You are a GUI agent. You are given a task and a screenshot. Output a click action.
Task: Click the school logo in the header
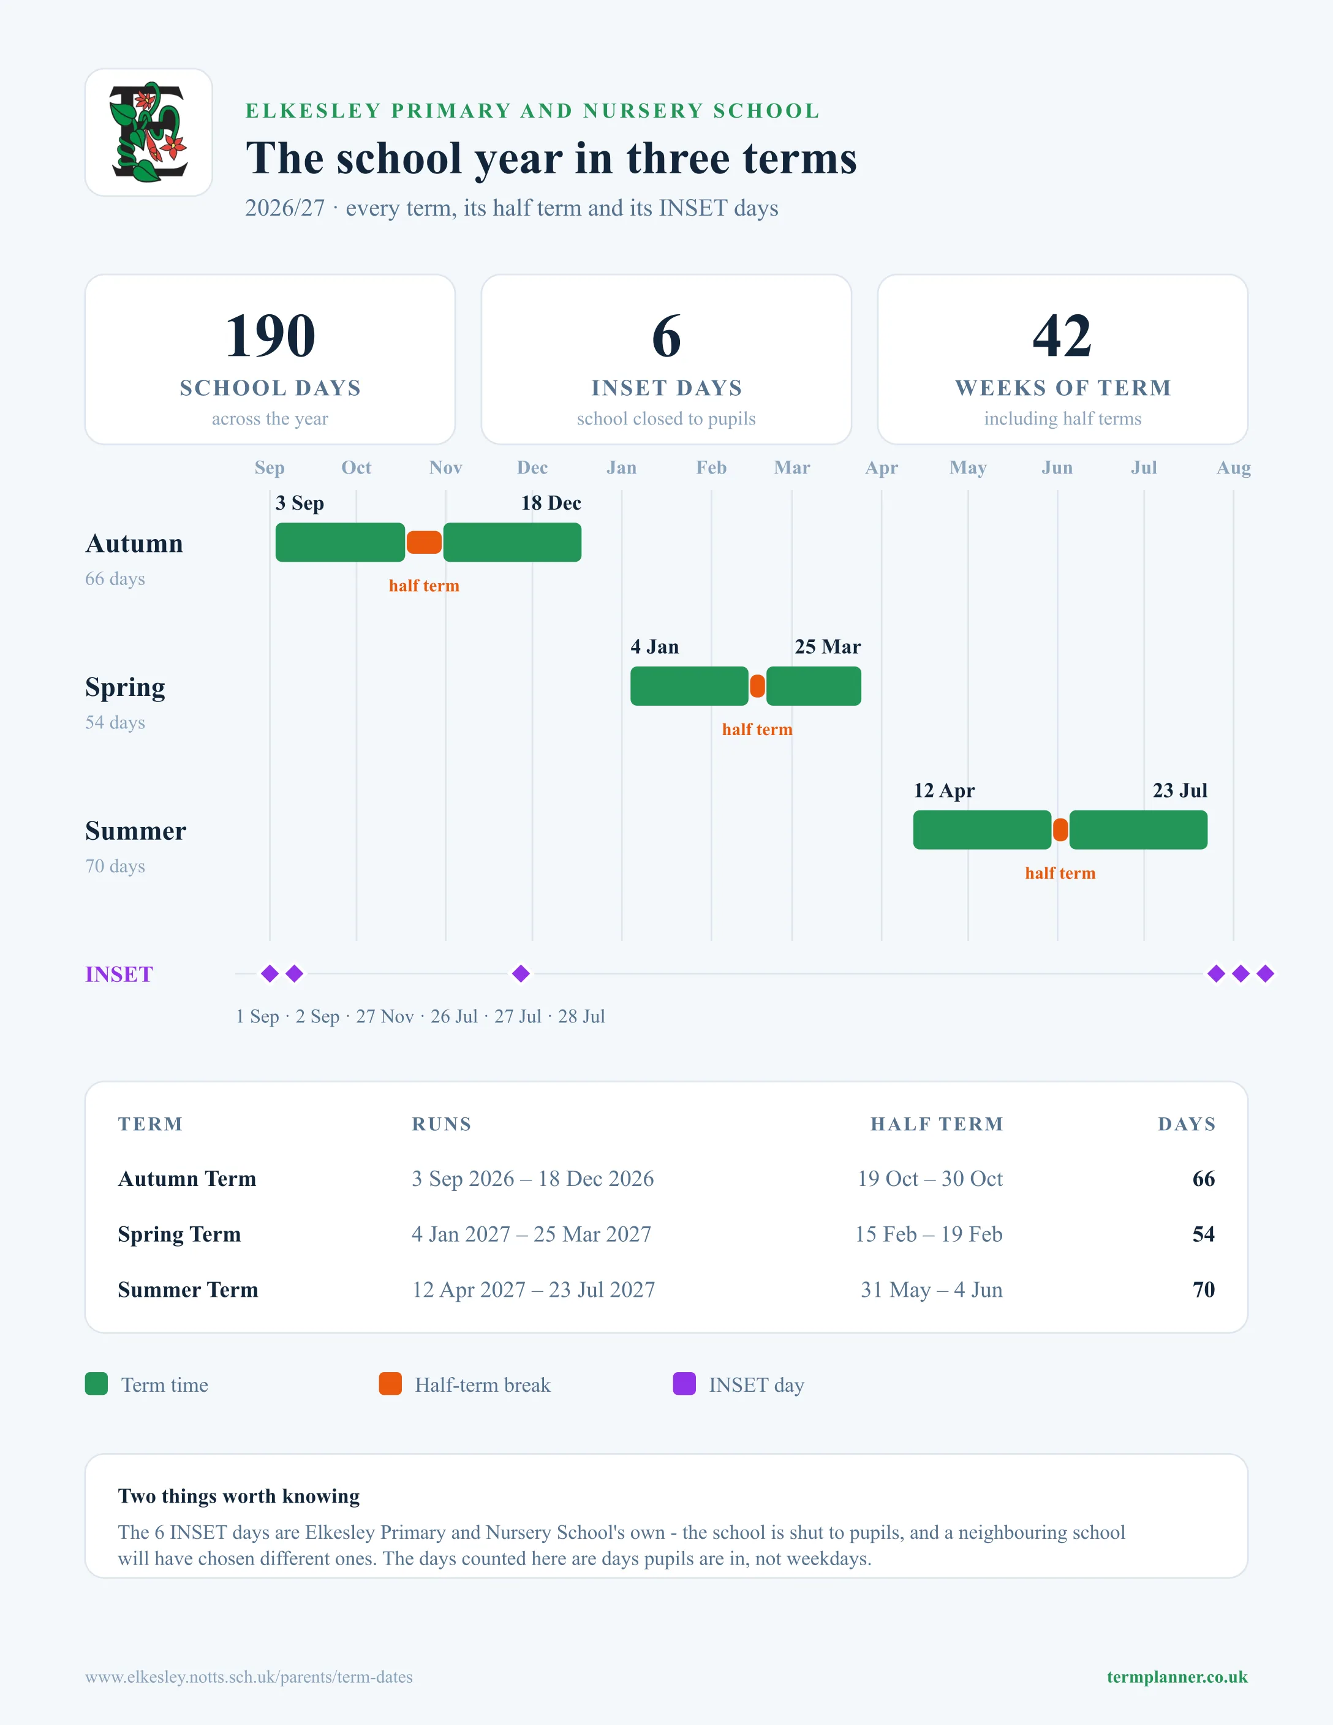(x=148, y=132)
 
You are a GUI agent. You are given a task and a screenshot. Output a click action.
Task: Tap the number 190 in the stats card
(x=270, y=336)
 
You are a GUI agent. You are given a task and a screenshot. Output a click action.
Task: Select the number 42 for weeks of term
(x=1062, y=336)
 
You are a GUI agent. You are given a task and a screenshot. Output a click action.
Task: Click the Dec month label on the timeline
(x=532, y=467)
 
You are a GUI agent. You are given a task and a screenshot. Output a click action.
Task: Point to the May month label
(x=968, y=467)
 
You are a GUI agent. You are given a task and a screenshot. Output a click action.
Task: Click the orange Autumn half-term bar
(x=424, y=543)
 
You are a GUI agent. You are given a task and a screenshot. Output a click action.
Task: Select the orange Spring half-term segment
(x=757, y=686)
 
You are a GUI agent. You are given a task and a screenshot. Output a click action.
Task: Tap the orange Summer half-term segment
(x=1060, y=830)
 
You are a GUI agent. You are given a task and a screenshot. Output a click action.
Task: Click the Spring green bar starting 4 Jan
(x=689, y=686)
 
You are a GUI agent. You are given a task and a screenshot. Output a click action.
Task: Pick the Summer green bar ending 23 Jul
(x=1138, y=830)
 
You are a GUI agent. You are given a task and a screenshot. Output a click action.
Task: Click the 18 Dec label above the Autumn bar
(x=551, y=503)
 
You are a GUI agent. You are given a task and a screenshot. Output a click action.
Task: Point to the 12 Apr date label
(x=945, y=791)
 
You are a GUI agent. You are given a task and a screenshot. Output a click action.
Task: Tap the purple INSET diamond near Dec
(x=521, y=974)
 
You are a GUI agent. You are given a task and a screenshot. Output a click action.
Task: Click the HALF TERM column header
(x=937, y=1124)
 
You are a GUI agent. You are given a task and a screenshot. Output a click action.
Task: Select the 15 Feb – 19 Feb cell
(x=929, y=1234)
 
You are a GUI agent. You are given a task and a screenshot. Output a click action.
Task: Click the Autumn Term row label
(x=187, y=1179)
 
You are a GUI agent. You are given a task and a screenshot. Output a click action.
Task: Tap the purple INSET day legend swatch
(x=684, y=1384)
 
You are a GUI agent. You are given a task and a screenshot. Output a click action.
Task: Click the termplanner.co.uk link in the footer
(x=1177, y=1677)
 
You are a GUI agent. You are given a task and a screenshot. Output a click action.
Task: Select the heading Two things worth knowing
(x=238, y=1496)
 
